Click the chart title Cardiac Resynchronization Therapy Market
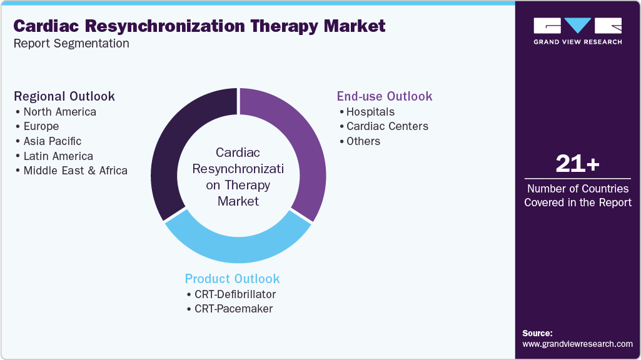tap(199, 26)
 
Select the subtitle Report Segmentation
tap(71, 44)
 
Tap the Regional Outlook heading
tap(64, 96)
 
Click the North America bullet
tap(59, 112)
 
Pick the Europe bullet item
tap(41, 126)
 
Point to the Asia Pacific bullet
tap(52, 141)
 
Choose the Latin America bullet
tap(58, 156)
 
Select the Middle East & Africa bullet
tap(75, 171)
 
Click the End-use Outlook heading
tap(385, 96)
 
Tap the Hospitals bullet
tap(370, 112)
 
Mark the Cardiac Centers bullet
tap(387, 126)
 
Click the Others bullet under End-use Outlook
tap(363, 141)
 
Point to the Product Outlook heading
tap(232, 279)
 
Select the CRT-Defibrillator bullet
tap(235, 294)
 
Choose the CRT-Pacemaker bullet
tap(233, 309)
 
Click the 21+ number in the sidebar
tap(577, 164)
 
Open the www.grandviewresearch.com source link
tap(577, 344)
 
